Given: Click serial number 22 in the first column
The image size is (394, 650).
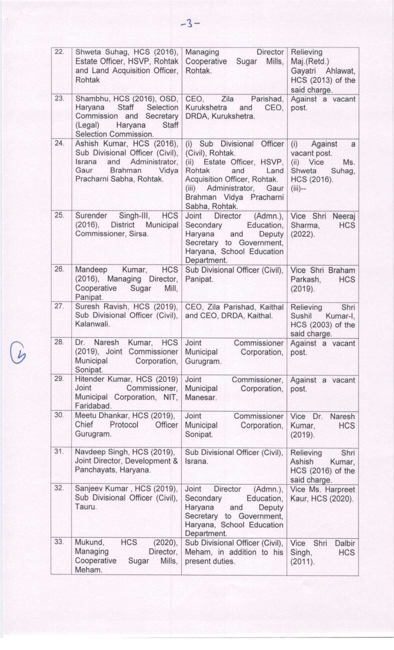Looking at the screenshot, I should [x=59, y=52].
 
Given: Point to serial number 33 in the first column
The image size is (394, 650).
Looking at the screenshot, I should [x=59, y=542].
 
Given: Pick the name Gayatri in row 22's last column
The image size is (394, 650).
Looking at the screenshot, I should [x=305, y=70].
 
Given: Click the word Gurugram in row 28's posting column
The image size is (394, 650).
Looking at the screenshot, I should [x=202, y=361].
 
